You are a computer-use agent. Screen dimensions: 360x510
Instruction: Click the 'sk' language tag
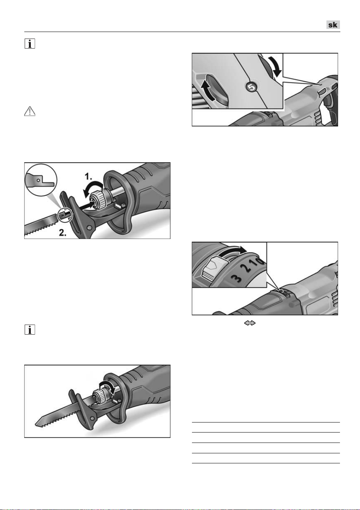point(333,25)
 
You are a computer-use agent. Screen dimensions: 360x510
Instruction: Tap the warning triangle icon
point(30,111)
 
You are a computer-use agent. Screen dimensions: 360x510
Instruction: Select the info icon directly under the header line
point(30,44)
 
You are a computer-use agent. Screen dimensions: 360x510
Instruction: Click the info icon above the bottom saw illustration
point(30,330)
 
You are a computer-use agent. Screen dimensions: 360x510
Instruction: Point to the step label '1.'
point(88,176)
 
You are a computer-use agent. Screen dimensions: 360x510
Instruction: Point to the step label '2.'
point(62,232)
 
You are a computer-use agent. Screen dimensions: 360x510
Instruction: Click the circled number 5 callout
point(251,87)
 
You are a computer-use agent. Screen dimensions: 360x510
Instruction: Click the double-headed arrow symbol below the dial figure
point(249,323)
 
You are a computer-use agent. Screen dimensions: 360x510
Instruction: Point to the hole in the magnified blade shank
point(39,180)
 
